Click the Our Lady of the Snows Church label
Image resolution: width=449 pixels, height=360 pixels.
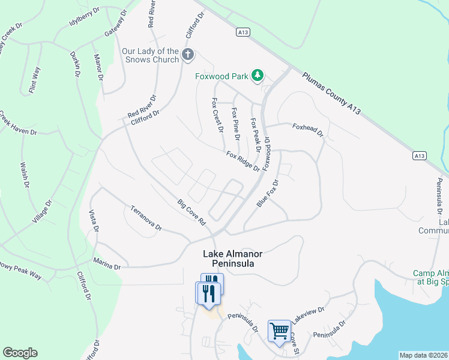150,56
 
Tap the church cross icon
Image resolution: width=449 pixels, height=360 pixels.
188,55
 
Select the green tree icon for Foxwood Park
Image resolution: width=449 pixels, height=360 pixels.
258,76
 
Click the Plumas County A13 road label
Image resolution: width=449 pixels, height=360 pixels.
332,92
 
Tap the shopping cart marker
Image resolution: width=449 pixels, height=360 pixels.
279,331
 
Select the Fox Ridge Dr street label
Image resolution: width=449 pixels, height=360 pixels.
243,161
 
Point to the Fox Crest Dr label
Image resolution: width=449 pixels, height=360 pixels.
217,115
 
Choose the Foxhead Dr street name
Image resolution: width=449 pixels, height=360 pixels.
307,129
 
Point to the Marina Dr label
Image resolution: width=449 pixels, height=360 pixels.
107,263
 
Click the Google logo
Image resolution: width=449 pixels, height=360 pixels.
20,353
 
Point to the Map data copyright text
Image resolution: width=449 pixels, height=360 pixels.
424,355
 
